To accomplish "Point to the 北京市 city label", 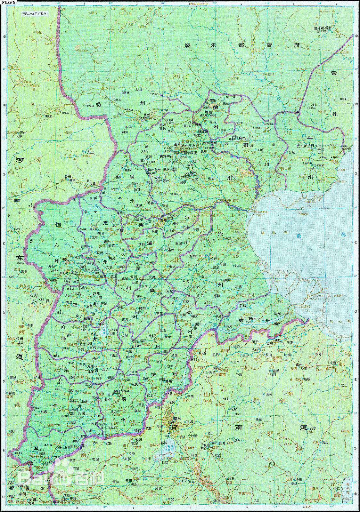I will (188, 141).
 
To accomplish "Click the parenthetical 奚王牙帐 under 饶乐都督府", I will (323, 32).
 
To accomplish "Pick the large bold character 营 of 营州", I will (334, 73).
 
